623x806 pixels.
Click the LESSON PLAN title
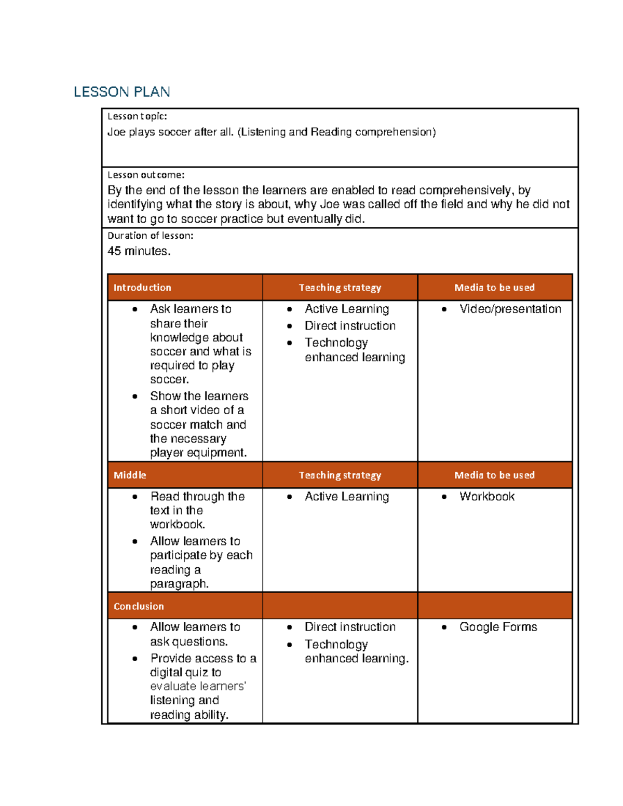tap(121, 92)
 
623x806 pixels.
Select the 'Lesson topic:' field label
tap(137, 116)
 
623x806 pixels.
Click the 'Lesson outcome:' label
tap(146, 175)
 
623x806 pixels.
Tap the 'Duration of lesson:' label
tap(150, 236)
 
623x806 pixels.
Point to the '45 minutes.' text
tap(139, 251)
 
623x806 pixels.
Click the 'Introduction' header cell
tap(142, 288)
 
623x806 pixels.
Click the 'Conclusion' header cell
tap(139, 606)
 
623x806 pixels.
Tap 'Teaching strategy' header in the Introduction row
tap(340, 288)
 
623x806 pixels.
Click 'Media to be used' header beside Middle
tap(494, 475)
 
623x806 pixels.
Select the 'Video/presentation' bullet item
tap(510, 309)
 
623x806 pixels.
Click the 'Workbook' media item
tap(486, 497)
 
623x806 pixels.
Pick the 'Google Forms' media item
tap(498, 627)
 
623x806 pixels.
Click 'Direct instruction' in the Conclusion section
tap(350, 627)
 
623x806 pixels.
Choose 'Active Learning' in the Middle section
tap(346, 497)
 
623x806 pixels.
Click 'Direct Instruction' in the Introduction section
tap(350, 326)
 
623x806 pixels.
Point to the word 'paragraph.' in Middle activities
tap(179, 584)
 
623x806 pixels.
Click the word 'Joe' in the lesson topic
tap(116, 132)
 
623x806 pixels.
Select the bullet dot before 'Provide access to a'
tap(135, 659)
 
